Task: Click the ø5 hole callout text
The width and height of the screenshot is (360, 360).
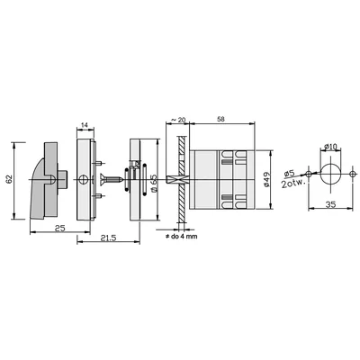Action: [x=289, y=175]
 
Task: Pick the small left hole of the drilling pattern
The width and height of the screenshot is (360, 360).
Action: [x=310, y=172]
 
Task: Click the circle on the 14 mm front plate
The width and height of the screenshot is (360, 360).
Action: [x=87, y=178]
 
